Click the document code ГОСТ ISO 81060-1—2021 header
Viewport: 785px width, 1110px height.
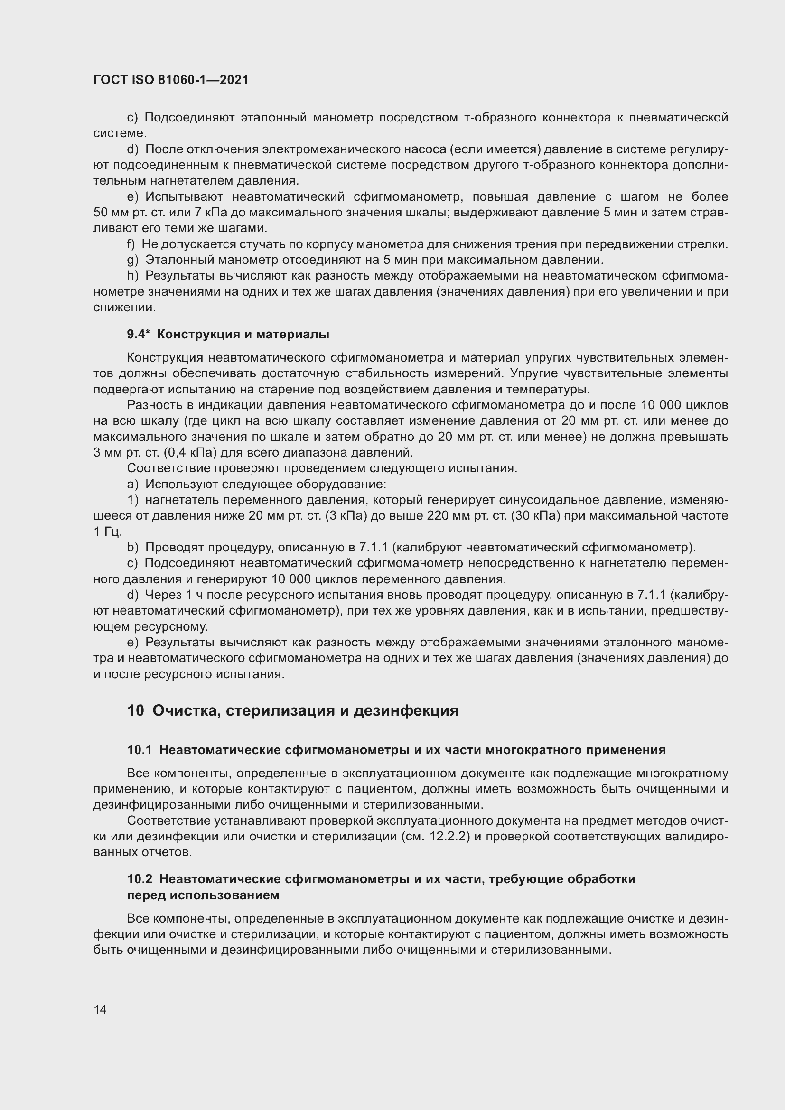(171, 80)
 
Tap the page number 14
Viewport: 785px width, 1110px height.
(100, 1009)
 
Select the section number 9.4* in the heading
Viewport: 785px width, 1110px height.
(139, 334)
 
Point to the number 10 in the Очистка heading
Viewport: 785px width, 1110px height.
(135, 710)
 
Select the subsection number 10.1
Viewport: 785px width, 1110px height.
(139, 750)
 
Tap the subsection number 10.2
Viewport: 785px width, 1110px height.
(139, 879)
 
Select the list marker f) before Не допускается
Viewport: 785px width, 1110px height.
(131, 244)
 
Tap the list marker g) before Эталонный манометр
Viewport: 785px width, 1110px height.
(132, 260)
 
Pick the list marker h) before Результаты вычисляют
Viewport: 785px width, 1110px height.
(132, 276)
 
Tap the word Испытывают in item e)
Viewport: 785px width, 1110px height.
(184, 197)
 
